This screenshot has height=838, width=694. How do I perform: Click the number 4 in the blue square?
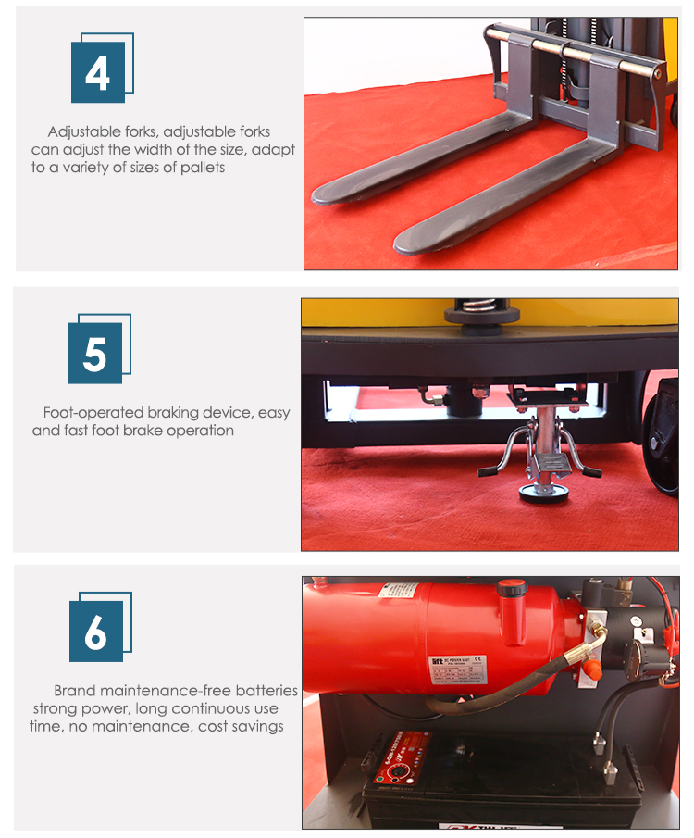tap(98, 73)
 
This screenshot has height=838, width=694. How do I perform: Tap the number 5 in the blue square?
tap(95, 355)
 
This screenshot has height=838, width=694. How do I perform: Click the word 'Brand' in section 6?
tap(74, 690)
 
